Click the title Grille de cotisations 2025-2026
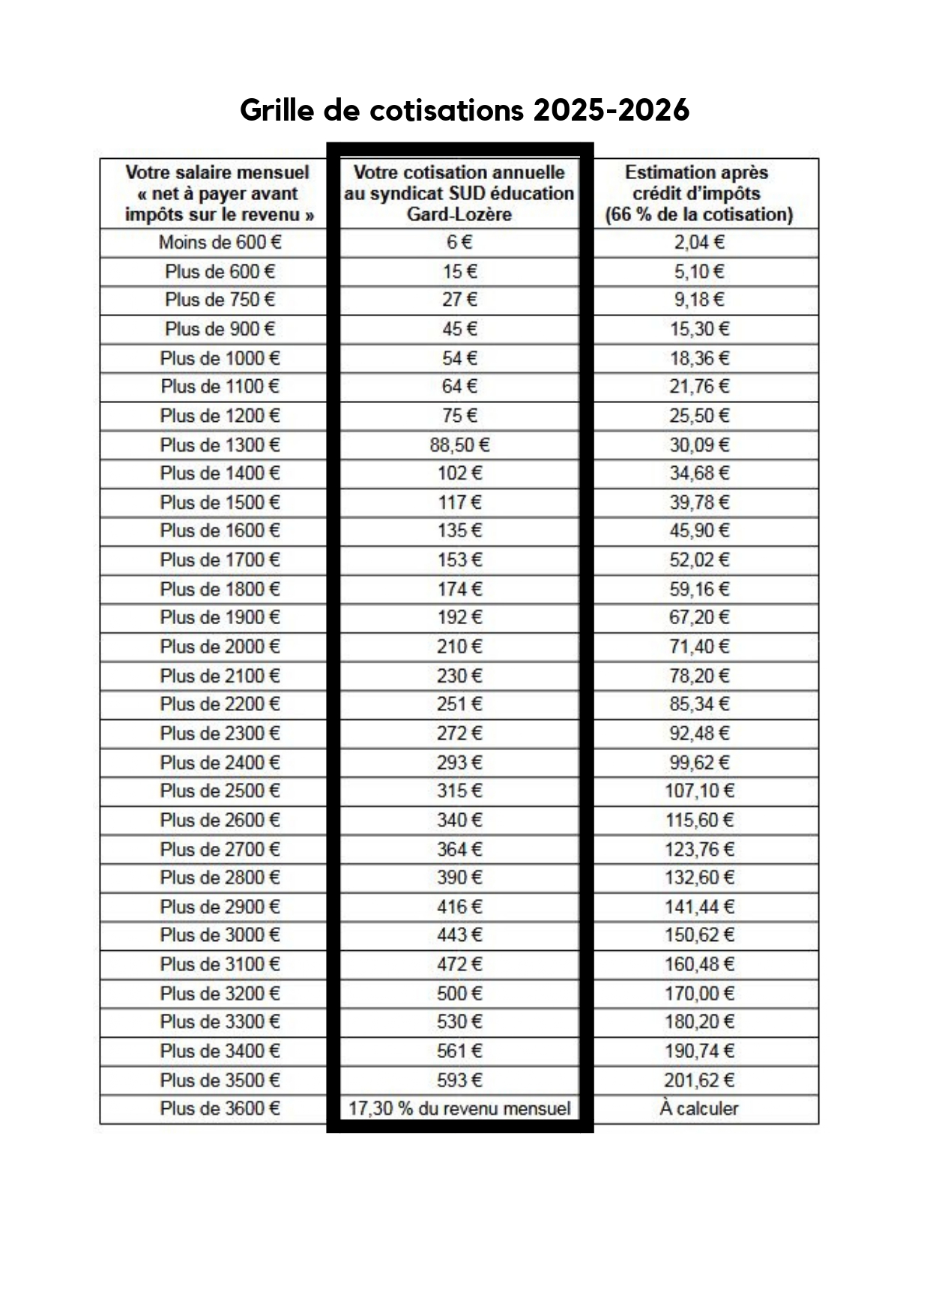click(x=464, y=110)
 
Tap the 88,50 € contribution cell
click(x=459, y=445)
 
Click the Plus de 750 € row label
click(x=220, y=300)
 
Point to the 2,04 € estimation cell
click(x=698, y=243)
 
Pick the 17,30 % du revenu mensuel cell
click(x=459, y=1108)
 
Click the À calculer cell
click(x=698, y=1108)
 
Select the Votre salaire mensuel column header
click(x=217, y=193)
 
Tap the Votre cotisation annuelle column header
click(x=459, y=193)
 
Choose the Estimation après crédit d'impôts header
click(x=698, y=193)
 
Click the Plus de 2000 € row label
click(x=220, y=647)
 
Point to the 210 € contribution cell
click(x=459, y=647)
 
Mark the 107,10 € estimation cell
click(x=698, y=790)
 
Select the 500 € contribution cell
click(x=459, y=994)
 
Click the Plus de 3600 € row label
click(x=220, y=1108)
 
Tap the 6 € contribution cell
click(x=459, y=243)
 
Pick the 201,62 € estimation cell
click(x=698, y=1080)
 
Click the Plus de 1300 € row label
click(x=220, y=445)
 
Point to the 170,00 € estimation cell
click(x=698, y=994)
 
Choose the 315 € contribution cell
click(x=459, y=790)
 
